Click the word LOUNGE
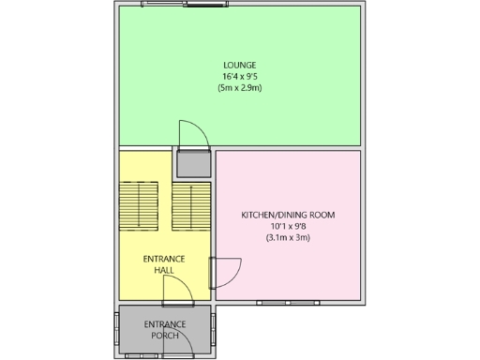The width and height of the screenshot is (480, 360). tap(240, 65)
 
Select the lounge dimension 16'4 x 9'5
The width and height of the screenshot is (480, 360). tap(240, 76)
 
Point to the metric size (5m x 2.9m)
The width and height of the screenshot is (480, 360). tap(240, 88)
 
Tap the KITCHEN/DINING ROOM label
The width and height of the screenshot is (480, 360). tap(288, 215)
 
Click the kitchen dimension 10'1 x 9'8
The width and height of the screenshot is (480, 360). tap(288, 226)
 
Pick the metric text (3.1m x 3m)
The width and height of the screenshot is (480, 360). tap(288, 238)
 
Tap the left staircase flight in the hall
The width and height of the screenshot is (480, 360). tap(138, 205)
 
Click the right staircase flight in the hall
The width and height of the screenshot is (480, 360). tap(192, 205)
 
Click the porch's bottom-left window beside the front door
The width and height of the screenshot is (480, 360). tap(142, 356)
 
